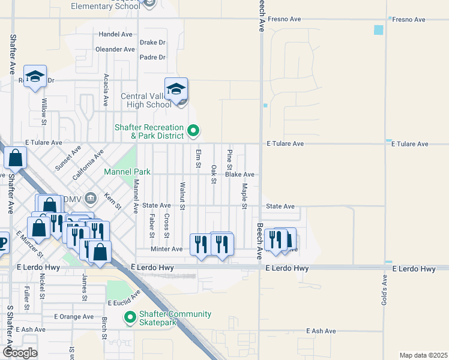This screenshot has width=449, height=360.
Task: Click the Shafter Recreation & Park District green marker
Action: pyautogui.click(x=193, y=130)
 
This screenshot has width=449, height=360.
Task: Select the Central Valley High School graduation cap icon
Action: pyautogui.click(x=176, y=89)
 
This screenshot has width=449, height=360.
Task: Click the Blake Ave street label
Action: pyautogui.click(x=240, y=175)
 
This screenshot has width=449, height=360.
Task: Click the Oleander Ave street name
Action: pyautogui.click(x=114, y=49)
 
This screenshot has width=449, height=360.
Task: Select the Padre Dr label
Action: pyautogui.click(x=152, y=58)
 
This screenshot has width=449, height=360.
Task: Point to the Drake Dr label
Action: pyautogui.click(x=152, y=43)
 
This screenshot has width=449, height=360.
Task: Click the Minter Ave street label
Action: pyautogui.click(x=167, y=249)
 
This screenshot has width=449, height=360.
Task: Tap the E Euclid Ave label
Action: pyautogui.click(x=124, y=298)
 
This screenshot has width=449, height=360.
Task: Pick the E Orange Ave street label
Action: pyautogui.click(x=74, y=316)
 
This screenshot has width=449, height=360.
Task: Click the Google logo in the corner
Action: pyautogui.click(x=19, y=353)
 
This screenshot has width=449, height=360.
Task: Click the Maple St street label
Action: pyautogui.click(x=244, y=197)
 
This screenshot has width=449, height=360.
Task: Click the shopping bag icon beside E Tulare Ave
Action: pyautogui.click(x=15, y=158)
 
